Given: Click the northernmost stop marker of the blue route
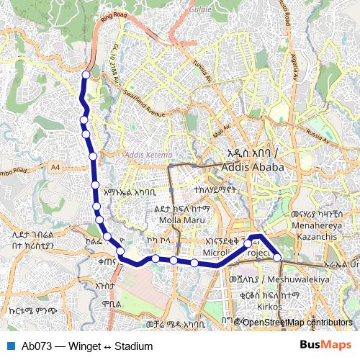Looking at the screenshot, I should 86,74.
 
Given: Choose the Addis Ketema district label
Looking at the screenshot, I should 148,154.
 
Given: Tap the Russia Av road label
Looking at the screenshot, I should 317,132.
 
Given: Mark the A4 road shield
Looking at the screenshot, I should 55,168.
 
